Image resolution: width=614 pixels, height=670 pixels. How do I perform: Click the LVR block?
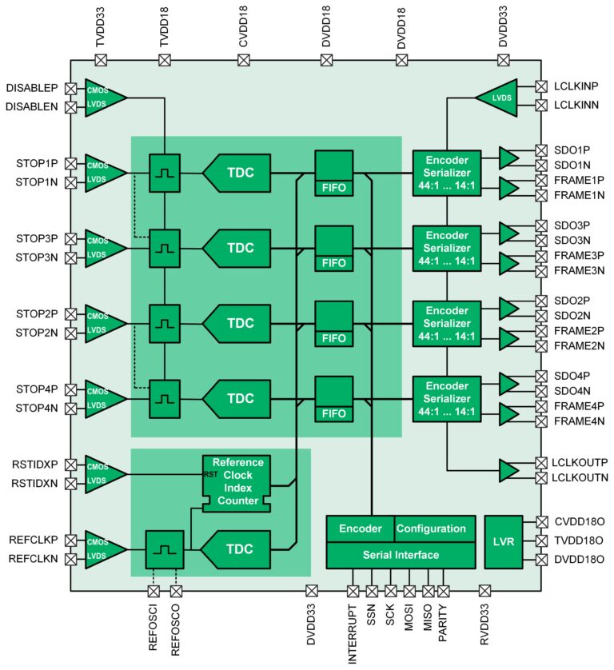tap(504, 541)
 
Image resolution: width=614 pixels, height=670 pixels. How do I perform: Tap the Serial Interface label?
tap(400, 555)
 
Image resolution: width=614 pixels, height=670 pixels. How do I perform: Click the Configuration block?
tap(431, 528)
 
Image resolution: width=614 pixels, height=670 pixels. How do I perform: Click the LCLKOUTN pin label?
tap(581, 477)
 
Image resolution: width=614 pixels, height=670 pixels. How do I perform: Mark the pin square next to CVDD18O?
tap(541, 522)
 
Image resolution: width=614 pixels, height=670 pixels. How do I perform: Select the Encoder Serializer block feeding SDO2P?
tap(447, 323)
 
